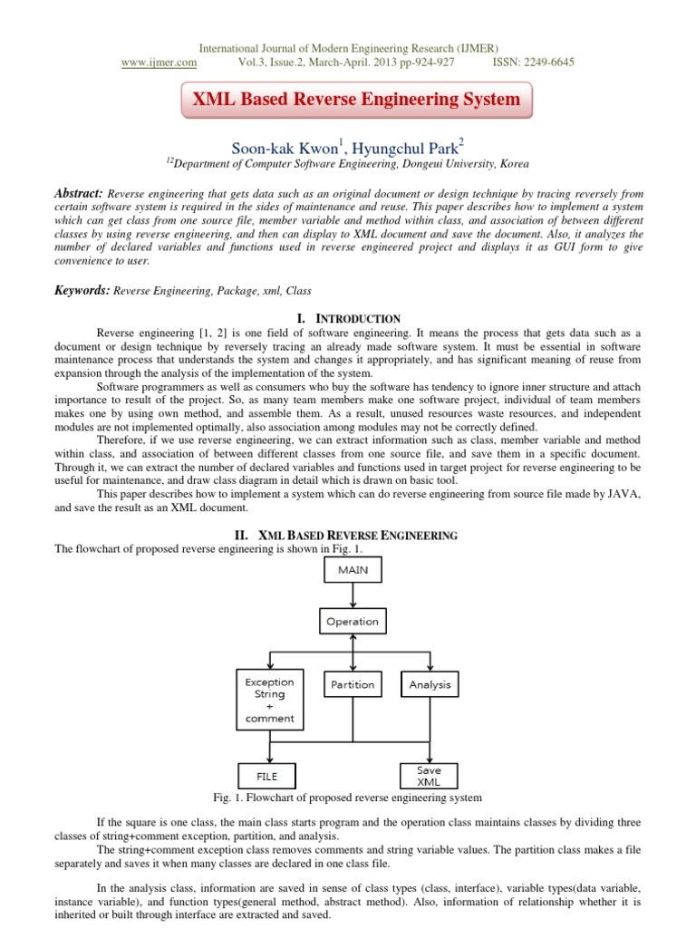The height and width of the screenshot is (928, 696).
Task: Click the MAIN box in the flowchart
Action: (x=353, y=570)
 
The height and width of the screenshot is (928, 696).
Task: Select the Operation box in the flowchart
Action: (x=353, y=622)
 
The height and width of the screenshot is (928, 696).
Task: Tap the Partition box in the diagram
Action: (x=353, y=684)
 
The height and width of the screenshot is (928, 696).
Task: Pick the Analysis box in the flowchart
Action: (x=430, y=684)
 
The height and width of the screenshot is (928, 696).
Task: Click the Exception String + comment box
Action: (x=269, y=700)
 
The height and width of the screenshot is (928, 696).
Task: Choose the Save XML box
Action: (x=430, y=775)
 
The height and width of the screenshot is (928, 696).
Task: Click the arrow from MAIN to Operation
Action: (x=353, y=596)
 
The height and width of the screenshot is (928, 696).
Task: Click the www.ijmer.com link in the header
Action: (x=159, y=62)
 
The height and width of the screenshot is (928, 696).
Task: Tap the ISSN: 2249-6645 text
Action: (x=533, y=62)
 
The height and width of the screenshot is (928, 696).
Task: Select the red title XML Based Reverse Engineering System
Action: (x=353, y=100)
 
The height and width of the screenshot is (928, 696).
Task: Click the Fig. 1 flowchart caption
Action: (x=347, y=797)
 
